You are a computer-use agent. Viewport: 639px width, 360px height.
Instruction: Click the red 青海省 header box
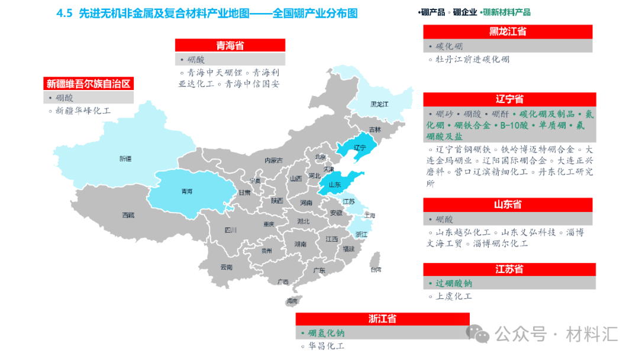click(230, 46)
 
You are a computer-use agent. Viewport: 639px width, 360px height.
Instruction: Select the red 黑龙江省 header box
click(507, 32)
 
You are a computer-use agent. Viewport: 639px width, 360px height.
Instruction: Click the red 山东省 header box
click(507, 205)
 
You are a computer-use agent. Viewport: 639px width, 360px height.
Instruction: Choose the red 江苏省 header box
click(507, 269)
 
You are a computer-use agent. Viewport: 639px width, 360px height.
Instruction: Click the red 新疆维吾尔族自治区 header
click(88, 83)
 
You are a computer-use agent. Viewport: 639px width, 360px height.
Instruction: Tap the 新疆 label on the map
click(125, 159)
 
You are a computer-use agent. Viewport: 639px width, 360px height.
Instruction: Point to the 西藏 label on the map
click(128, 215)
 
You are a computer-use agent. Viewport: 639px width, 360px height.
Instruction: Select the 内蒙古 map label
click(273, 160)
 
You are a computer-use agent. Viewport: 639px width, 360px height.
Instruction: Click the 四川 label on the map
click(231, 230)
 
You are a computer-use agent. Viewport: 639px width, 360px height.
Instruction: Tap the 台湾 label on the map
click(376, 270)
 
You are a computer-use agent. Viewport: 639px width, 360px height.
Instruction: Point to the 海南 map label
click(292, 301)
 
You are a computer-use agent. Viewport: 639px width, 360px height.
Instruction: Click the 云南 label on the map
click(226, 267)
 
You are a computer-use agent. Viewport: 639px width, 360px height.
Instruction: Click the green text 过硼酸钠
click(454, 283)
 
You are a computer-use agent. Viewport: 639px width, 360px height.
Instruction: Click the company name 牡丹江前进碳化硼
click(472, 59)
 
